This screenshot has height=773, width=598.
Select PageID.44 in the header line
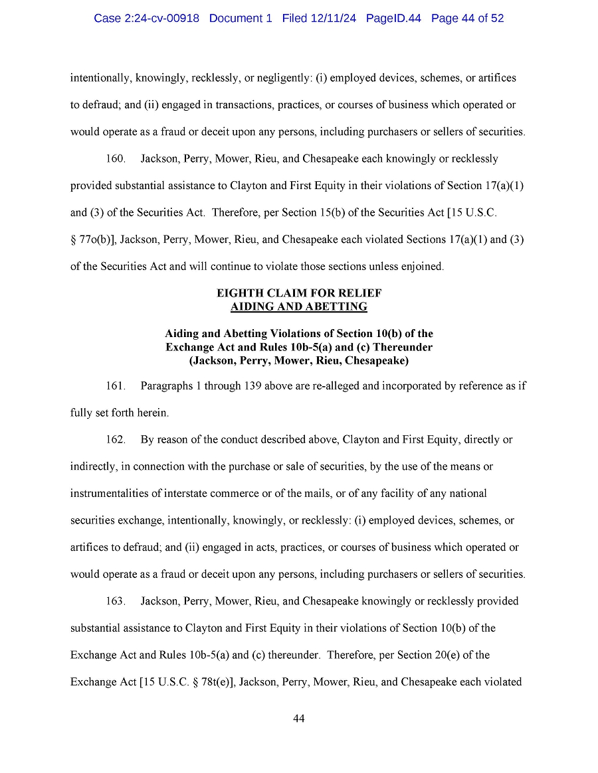pos(393,19)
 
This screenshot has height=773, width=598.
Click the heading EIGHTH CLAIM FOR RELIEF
pos(299,293)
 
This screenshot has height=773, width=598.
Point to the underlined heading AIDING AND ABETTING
pos(299,307)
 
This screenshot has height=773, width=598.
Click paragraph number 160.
pos(116,159)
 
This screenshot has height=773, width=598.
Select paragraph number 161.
pos(116,386)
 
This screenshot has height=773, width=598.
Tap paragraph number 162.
pos(116,440)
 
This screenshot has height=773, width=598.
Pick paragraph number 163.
pos(116,601)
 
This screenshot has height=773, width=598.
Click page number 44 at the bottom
pos(299,719)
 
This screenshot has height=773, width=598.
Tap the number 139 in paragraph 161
pos(252,386)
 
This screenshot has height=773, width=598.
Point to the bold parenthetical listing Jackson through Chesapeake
pos(299,361)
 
